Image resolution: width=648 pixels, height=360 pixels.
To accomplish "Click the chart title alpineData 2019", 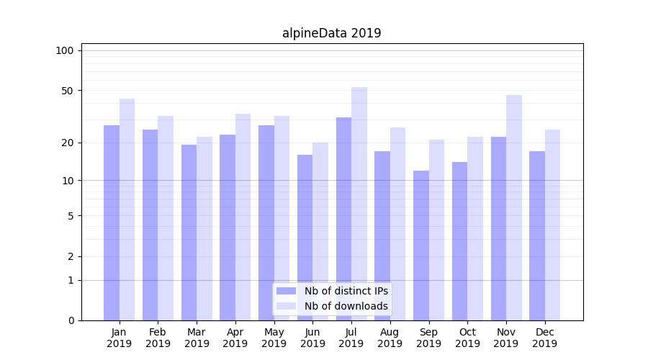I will [331, 33].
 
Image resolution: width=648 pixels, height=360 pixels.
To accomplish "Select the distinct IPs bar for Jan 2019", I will [112, 223].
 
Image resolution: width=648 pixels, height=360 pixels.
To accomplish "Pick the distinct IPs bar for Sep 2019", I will [421, 246].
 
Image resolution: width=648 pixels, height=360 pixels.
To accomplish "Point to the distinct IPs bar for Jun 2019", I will [305, 238].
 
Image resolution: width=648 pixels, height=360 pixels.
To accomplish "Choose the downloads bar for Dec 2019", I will [553, 225].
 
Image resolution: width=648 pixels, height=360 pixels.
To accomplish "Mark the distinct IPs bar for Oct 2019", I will [460, 241].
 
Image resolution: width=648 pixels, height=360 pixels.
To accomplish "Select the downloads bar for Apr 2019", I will [243, 217].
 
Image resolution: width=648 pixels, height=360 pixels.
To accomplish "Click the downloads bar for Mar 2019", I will [204, 228].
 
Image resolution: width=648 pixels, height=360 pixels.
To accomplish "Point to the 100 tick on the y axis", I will [65, 50].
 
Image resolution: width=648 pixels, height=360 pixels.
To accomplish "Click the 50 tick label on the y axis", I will [67, 91].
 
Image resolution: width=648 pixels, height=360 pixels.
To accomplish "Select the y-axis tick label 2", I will [71, 256].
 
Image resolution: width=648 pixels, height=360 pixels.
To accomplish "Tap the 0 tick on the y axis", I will [71, 320].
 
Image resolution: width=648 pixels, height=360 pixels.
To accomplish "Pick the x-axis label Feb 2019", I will [158, 338].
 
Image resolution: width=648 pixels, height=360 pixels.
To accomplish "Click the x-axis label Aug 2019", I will [390, 338].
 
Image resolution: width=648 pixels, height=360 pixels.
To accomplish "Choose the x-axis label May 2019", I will [274, 338].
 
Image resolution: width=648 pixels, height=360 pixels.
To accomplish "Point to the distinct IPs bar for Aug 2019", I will [382, 235].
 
